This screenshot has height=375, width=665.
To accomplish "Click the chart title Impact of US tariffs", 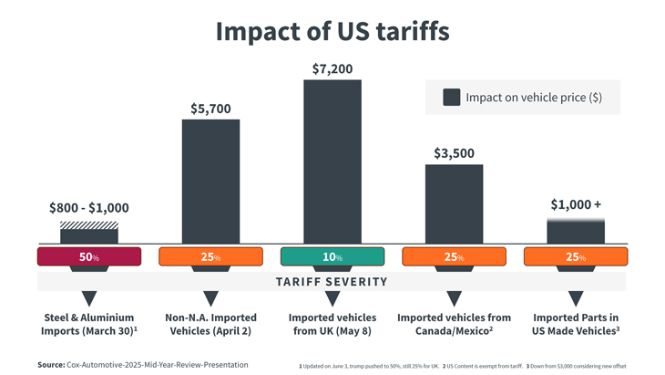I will coord(332,31).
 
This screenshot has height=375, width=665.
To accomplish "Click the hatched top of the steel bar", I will coord(89,225).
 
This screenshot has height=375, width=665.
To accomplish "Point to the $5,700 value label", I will coord(210,109).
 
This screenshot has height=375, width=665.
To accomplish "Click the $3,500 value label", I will coord(454,153).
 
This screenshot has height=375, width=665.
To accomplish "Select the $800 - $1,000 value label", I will coord(89,208).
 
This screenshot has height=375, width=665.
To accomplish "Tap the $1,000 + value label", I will coord(576,204).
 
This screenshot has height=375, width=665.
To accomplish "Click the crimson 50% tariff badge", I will coord(89,256).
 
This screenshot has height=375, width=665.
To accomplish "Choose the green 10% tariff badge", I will coord(332,256).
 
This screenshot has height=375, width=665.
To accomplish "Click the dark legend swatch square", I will coord(451,98).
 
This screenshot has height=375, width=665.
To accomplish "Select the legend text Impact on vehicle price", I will coord(533,98).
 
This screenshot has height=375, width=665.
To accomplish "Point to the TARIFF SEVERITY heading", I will coord(332,282).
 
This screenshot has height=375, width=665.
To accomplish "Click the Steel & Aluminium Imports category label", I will coord(89,324).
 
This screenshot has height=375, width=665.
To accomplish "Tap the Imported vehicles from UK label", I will coord(332,324).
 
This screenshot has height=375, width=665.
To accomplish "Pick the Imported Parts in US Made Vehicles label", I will coord(576,324).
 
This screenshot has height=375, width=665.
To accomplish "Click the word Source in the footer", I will coord(51,365).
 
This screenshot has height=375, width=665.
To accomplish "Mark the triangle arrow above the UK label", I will coord(332,298).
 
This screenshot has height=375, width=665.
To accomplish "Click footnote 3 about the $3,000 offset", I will coord(576,366).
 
